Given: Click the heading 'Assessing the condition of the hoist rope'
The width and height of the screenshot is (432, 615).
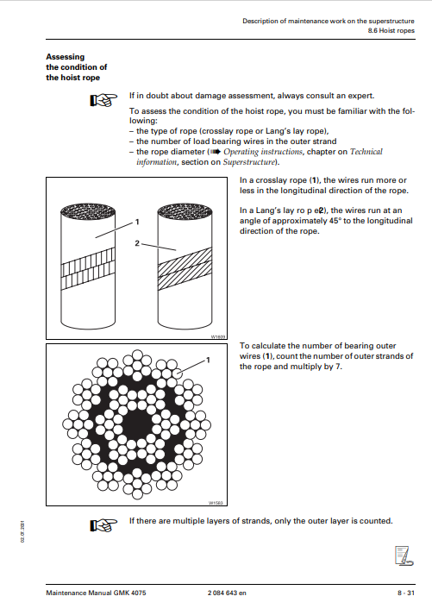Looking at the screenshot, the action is (77, 67).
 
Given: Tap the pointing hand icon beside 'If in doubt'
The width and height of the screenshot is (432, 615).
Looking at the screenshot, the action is (103, 100).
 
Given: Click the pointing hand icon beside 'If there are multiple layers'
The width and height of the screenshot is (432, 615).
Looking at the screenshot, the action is (103, 525).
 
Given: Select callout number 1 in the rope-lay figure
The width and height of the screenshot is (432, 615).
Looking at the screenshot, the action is (137, 222).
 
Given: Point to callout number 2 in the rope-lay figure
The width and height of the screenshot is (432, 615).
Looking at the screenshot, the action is (137, 243).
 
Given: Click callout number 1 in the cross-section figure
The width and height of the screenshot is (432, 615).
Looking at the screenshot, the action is (208, 360).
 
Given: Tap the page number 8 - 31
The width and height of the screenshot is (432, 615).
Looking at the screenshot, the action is (406, 593).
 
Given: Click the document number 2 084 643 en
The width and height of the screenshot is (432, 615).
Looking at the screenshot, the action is (227, 593).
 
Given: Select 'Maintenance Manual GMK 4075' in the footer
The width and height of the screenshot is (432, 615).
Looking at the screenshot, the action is (96, 593).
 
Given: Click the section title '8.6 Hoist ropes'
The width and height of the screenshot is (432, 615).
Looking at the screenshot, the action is (391, 30).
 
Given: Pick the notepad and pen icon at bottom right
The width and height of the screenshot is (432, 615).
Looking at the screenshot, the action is (404, 555).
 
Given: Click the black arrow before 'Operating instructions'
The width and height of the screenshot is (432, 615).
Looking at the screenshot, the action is (216, 152).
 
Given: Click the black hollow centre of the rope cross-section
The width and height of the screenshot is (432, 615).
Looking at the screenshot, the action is (137, 424).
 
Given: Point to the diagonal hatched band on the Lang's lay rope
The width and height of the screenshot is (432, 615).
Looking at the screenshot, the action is (185, 268).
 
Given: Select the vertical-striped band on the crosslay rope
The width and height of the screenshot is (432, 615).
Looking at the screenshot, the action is (88, 268).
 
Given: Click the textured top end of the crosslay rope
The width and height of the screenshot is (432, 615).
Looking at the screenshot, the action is (88, 211).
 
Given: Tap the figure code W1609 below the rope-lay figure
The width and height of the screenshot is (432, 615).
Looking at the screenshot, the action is (218, 336).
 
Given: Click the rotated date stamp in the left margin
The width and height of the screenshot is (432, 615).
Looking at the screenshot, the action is (22, 531).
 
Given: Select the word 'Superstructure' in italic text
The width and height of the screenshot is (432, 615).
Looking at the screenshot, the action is (249, 162).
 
